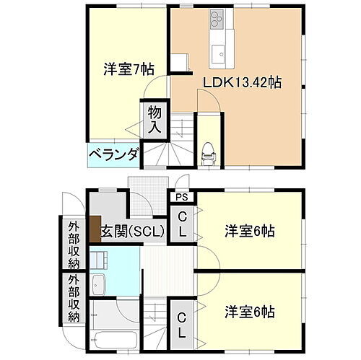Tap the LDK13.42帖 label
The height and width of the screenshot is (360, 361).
(x=241, y=82)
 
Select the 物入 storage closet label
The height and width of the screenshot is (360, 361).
(x=155, y=120)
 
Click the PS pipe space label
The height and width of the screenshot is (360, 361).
(x=180, y=195)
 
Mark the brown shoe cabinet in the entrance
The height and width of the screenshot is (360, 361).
(x=95, y=229)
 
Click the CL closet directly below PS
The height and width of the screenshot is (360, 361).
(x=181, y=224)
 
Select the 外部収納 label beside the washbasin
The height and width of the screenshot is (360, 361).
(x=74, y=297)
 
